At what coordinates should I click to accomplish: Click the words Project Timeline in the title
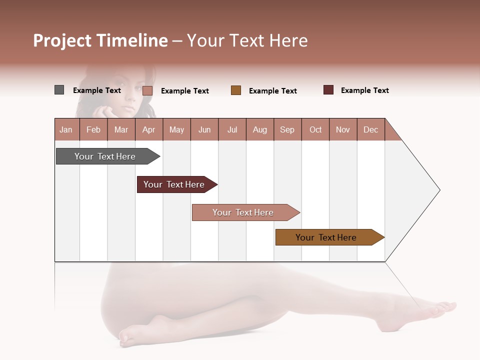click(x=100, y=40)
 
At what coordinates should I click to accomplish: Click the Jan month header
click(x=66, y=129)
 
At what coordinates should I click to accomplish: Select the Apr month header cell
click(x=148, y=129)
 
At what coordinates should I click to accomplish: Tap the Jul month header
click(x=232, y=129)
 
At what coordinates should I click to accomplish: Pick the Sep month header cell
click(x=287, y=129)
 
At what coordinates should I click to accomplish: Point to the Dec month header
click(x=370, y=129)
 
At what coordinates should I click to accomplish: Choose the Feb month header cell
click(x=93, y=129)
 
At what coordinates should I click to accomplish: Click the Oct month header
click(x=315, y=129)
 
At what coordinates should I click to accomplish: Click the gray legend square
click(x=59, y=90)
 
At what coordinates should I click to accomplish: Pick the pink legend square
click(x=147, y=90)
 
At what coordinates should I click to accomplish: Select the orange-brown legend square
click(x=236, y=90)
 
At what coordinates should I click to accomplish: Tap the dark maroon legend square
click(x=328, y=90)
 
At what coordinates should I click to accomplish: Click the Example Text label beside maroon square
click(x=364, y=90)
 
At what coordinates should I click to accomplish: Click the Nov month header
click(x=343, y=129)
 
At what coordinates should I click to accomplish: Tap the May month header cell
click(x=176, y=129)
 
